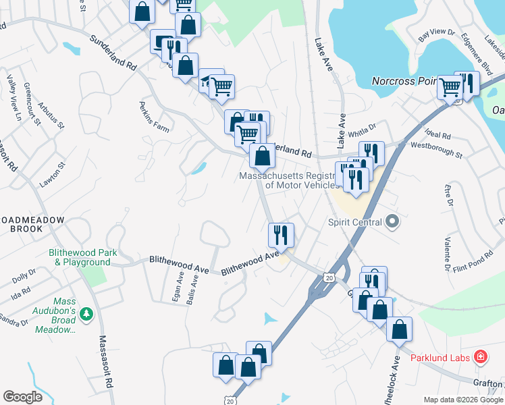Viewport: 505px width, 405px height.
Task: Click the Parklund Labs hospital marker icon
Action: [480, 356]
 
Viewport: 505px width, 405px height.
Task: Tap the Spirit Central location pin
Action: [392, 221]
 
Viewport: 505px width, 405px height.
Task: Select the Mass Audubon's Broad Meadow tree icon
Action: [86, 313]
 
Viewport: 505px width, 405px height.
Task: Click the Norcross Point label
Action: [404, 81]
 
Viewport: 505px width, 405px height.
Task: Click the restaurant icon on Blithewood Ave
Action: [280, 234]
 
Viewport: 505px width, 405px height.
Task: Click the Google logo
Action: [22, 397]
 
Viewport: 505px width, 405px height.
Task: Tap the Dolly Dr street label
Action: [24, 277]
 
